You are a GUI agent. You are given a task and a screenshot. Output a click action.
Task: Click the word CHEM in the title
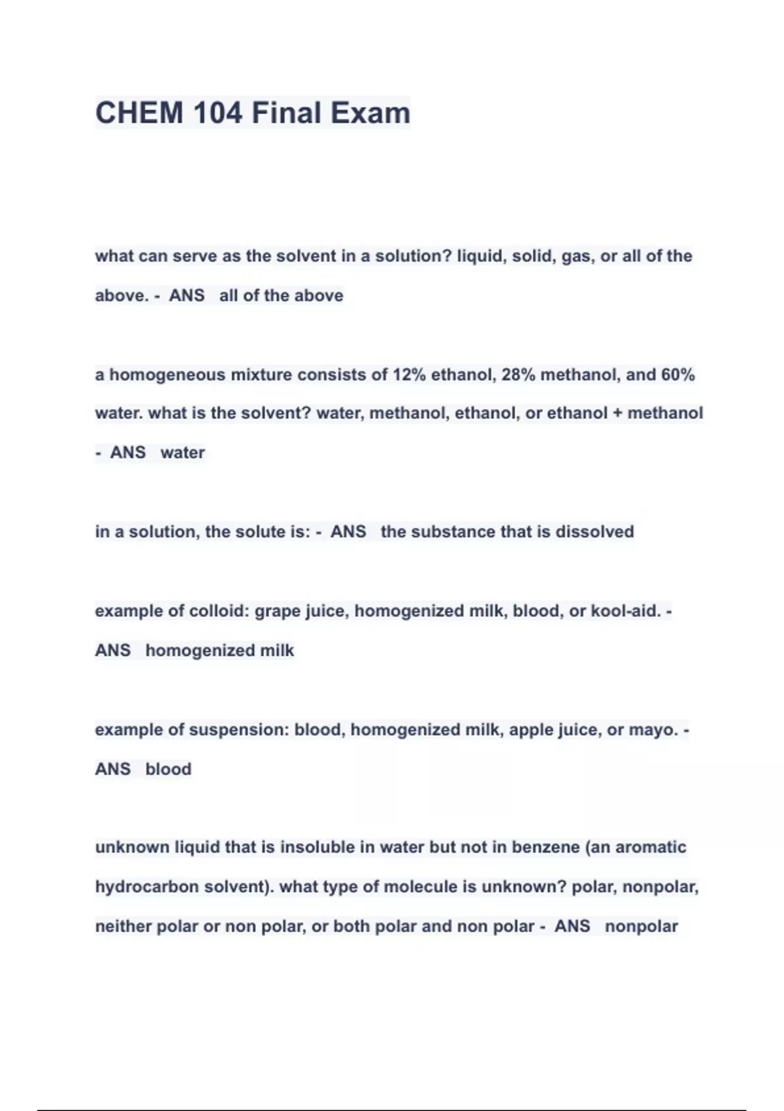pyautogui.click(x=139, y=112)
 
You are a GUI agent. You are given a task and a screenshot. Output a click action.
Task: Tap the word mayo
pyautogui.click(x=653, y=729)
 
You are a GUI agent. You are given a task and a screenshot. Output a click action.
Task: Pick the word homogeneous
pyautogui.click(x=167, y=375)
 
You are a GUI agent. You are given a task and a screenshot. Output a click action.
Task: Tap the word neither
pyautogui.click(x=123, y=926)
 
